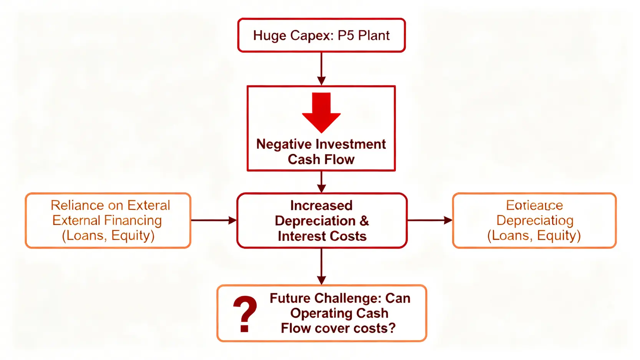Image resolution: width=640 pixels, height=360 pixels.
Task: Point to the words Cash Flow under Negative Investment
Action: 321,159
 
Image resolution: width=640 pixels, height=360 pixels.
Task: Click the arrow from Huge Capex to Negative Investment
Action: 322,69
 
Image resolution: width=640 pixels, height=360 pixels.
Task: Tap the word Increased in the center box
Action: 321,206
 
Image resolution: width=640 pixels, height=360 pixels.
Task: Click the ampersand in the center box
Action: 364,221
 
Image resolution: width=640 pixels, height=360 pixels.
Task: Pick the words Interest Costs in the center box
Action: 322,236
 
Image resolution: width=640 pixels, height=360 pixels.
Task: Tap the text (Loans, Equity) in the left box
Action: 108,236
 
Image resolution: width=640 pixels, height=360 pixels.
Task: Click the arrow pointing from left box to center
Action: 214,220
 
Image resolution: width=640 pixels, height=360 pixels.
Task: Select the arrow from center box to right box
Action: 429,220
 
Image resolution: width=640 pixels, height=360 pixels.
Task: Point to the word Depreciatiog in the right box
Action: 535,221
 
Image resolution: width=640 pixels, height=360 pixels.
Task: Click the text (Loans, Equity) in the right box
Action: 534,236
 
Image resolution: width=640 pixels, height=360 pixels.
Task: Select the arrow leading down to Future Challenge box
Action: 322,266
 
